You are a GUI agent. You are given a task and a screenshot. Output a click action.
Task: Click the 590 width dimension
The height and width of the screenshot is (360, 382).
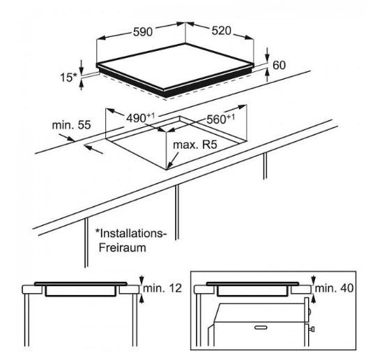click(x=143, y=32)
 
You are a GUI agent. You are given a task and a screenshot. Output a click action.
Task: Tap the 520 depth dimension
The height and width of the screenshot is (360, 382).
click(x=221, y=31)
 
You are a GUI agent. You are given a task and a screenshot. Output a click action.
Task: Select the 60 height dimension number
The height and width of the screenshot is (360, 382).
click(x=279, y=65)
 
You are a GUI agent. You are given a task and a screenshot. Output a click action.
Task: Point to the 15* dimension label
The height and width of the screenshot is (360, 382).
click(x=68, y=77)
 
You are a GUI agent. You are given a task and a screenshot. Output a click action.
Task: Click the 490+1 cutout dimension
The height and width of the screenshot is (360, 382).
click(x=140, y=118)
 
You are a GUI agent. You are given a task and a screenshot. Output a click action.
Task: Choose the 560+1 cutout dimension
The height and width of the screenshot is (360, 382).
click(x=221, y=119)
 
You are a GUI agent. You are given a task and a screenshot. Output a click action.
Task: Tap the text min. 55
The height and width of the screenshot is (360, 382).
click(x=71, y=125)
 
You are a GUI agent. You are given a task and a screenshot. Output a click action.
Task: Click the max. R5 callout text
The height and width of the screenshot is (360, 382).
click(x=195, y=144)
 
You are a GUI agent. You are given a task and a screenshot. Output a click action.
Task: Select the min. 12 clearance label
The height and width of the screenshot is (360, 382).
click(x=162, y=288)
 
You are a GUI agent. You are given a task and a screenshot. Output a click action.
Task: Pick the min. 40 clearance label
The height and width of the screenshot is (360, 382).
click(x=334, y=288)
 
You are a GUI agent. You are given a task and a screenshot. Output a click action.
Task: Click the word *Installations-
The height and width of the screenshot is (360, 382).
click(x=131, y=234)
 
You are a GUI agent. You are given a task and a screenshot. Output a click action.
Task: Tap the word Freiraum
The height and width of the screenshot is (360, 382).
click(x=123, y=248)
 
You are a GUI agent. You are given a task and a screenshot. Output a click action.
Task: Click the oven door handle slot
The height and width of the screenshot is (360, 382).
click(x=261, y=327)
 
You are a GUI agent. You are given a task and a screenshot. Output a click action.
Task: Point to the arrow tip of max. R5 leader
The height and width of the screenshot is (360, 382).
click(x=167, y=169)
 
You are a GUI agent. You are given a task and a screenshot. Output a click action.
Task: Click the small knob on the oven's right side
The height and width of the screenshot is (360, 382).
click(x=312, y=329)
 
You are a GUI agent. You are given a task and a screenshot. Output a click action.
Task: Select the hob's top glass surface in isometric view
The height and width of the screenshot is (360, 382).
click(x=175, y=65)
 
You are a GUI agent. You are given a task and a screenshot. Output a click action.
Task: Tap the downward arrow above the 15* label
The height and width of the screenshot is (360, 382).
click(x=82, y=67)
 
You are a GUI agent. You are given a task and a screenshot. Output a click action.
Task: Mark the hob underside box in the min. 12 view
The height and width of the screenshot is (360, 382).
click(x=80, y=291)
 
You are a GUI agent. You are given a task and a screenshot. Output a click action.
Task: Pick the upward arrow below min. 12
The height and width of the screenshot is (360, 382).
click(x=141, y=299)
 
